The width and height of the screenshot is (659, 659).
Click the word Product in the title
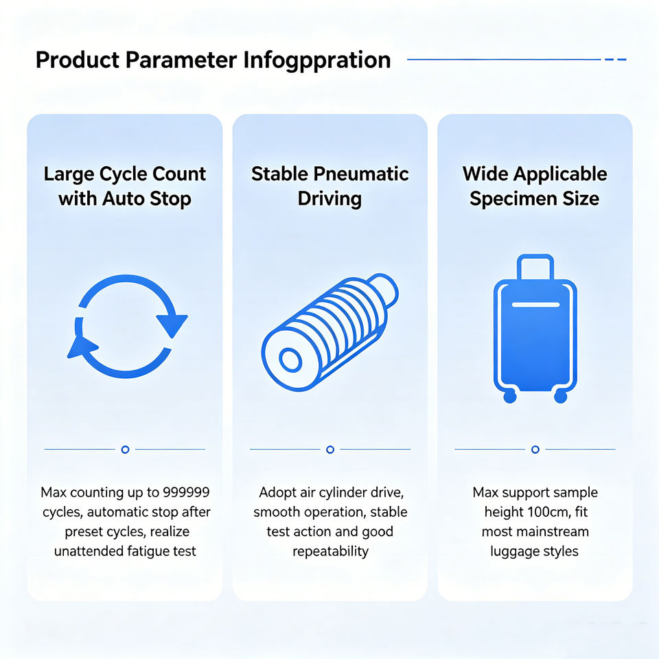pyautogui.click(x=78, y=60)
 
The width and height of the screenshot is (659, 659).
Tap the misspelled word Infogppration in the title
pyautogui.click(x=317, y=60)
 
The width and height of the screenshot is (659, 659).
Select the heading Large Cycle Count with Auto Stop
pyautogui.click(x=125, y=186)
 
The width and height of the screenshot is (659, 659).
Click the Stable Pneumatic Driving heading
pyautogui.click(x=330, y=186)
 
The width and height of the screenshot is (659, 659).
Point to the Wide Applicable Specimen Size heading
pyautogui.click(x=535, y=186)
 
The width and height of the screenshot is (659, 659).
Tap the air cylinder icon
pyautogui.click(x=330, y=332)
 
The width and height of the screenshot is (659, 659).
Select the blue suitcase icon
pyautogui.click(x=535, y=329)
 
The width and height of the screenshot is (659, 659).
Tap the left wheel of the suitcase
pyautogui.click(x=510, y=396)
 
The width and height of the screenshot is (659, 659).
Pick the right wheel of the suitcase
pyautogui.click(x=561, y=396)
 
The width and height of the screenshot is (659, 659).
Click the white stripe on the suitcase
pyautogui.click(x=535, y=305)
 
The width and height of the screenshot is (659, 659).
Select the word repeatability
pyautogui.click(x=330, y=551)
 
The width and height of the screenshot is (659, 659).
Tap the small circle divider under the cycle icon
pyautogui.click(x=125, y=449)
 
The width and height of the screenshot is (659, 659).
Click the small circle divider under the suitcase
pyautogui.click(x=535, y=449)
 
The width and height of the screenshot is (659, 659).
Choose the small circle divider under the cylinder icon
pyautogui.click(x=330, y=449)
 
